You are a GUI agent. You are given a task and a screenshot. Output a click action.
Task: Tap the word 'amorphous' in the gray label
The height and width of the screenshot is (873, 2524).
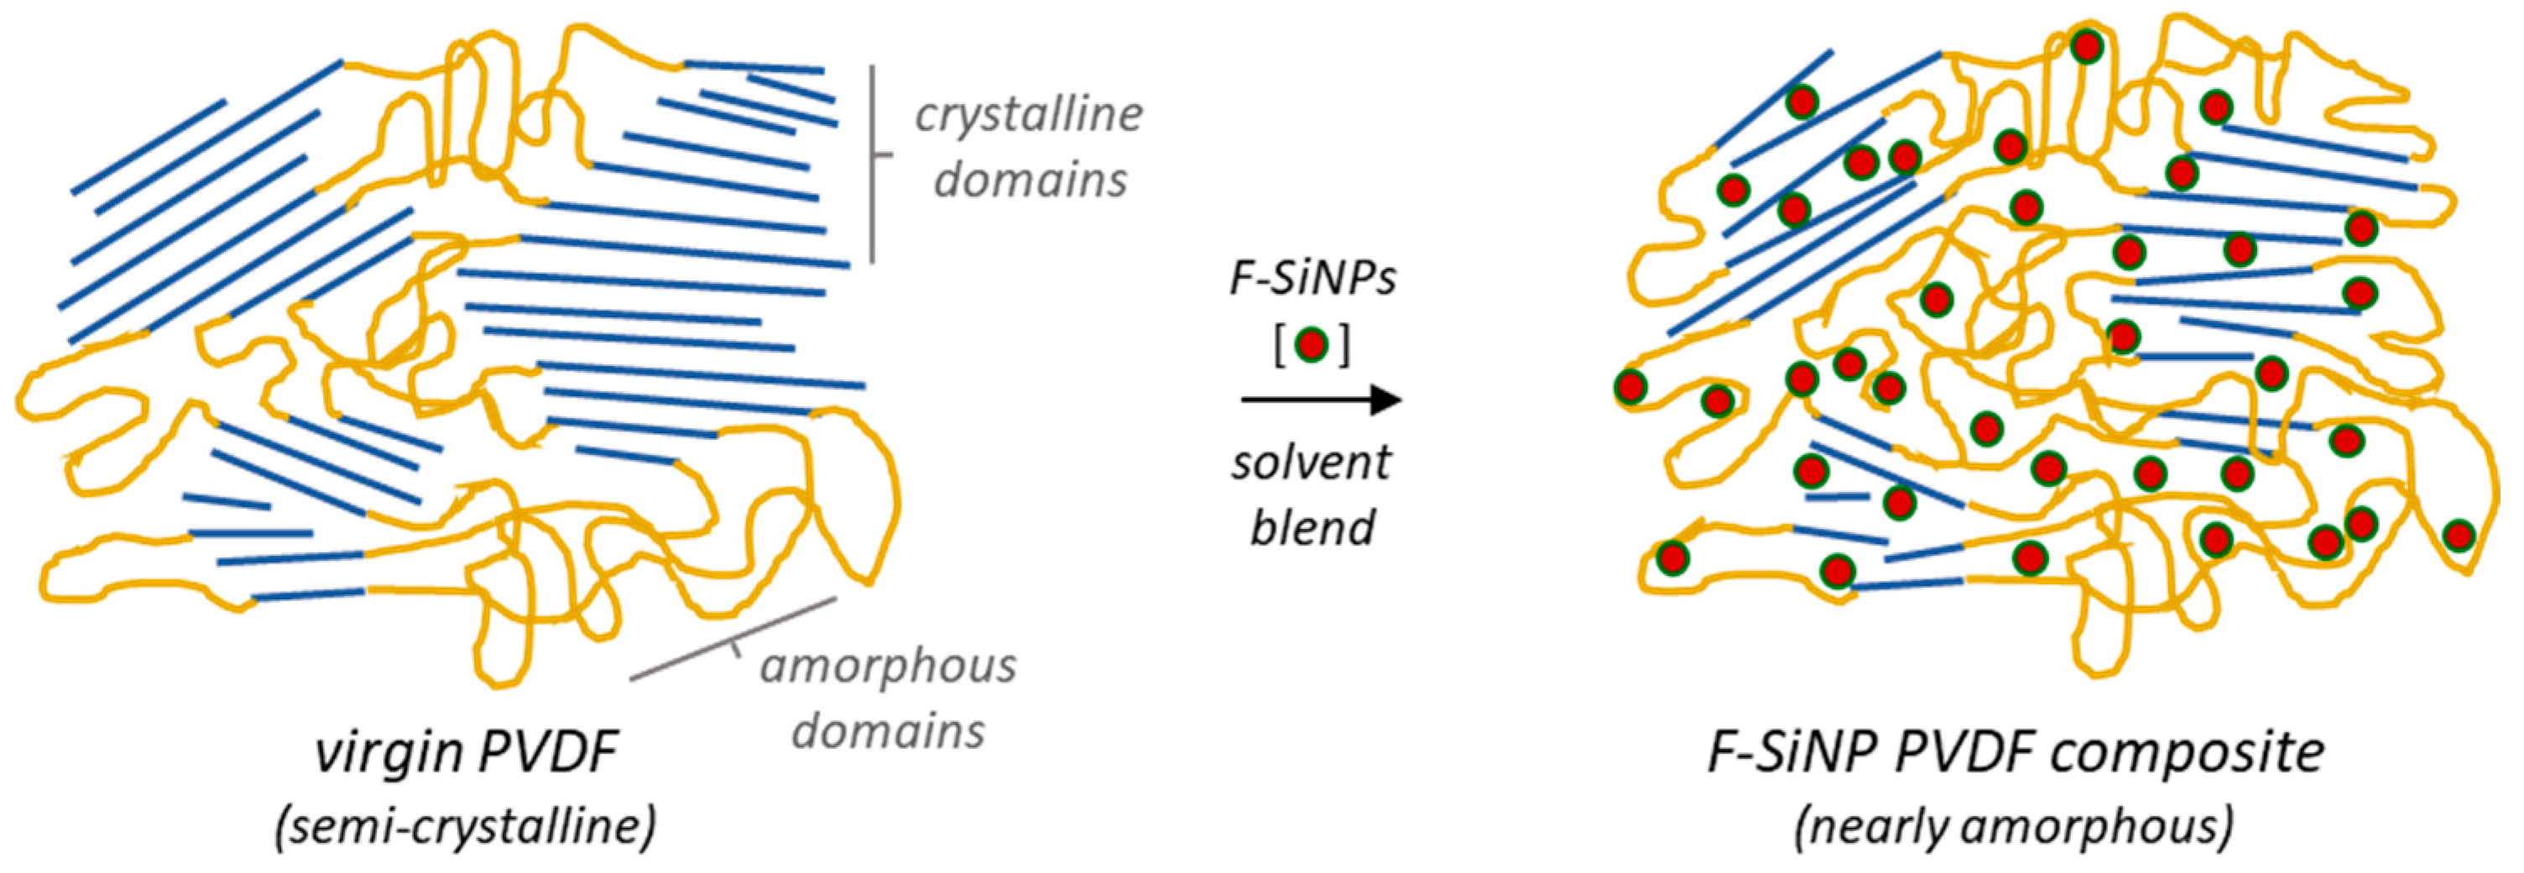[888, 667]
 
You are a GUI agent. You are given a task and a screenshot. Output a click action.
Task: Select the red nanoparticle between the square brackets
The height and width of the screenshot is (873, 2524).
[1312, 345]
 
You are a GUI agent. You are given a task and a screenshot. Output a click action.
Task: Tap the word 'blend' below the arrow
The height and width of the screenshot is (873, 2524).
[1312, 528]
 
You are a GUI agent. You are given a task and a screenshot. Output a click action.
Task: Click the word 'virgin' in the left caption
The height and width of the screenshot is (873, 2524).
[387, 755]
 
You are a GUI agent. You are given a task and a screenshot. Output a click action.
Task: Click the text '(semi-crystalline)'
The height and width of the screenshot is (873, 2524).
[466, 826]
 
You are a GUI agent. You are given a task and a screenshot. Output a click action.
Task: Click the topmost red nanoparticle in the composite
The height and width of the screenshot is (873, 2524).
[2086, 46]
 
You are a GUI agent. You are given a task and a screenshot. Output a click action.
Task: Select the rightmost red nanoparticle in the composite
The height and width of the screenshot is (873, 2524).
[2459, 536]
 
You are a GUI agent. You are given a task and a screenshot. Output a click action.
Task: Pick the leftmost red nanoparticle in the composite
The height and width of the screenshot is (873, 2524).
[1630, 387]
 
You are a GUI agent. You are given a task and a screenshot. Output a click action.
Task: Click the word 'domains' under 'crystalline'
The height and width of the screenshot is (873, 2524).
[1030, 181]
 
